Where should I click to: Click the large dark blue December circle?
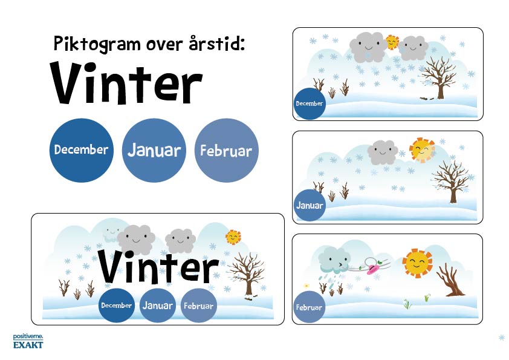[82, 150]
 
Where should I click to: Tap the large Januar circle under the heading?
[154, 150]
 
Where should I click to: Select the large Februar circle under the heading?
[226, 150]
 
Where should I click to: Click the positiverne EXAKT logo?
[28, 341]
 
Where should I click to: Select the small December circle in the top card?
[310, 103]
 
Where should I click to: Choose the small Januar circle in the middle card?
[310, 205]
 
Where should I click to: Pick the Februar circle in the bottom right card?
[309, 307]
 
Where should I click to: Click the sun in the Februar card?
[418, 263]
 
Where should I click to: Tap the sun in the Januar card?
[422, 150]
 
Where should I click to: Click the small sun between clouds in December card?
[392, 42]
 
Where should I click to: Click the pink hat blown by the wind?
[374, 269]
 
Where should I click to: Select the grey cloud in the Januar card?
[383, 152]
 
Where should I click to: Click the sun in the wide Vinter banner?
[233, 237]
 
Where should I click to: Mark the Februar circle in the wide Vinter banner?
[198, 306]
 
